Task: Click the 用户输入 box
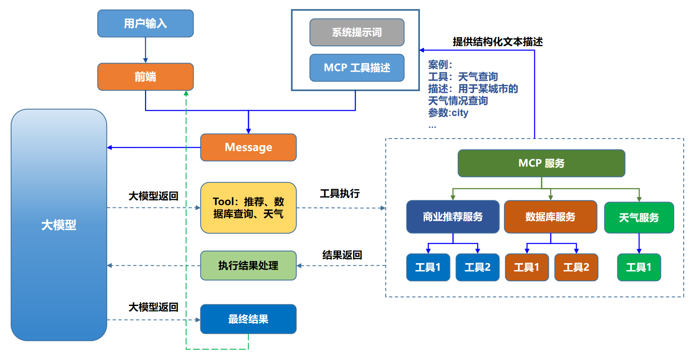click(145, 24)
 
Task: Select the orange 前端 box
click(145, 77)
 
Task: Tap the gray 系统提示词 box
click(356, 32)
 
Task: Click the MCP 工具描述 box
click(356, 68)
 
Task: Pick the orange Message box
click(248, 147)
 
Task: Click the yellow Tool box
click(248, 208)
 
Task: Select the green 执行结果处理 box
click(248, 266)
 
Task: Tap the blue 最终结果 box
click(248, 319)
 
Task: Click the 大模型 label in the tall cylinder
click(59, 225)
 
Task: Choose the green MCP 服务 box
click(541, 163)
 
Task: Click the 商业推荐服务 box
click(453, 217)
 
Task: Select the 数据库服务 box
click(550, 217)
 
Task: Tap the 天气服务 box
click(638, 218)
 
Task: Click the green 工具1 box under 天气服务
click(638, 267)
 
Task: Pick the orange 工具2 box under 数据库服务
click(576, 267)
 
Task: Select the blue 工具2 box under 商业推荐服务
click(477, 267)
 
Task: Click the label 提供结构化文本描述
click(497, 42)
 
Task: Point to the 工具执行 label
click(340, 193)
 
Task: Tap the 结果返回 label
click(342, 255)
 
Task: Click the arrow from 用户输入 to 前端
click(145, 50)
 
